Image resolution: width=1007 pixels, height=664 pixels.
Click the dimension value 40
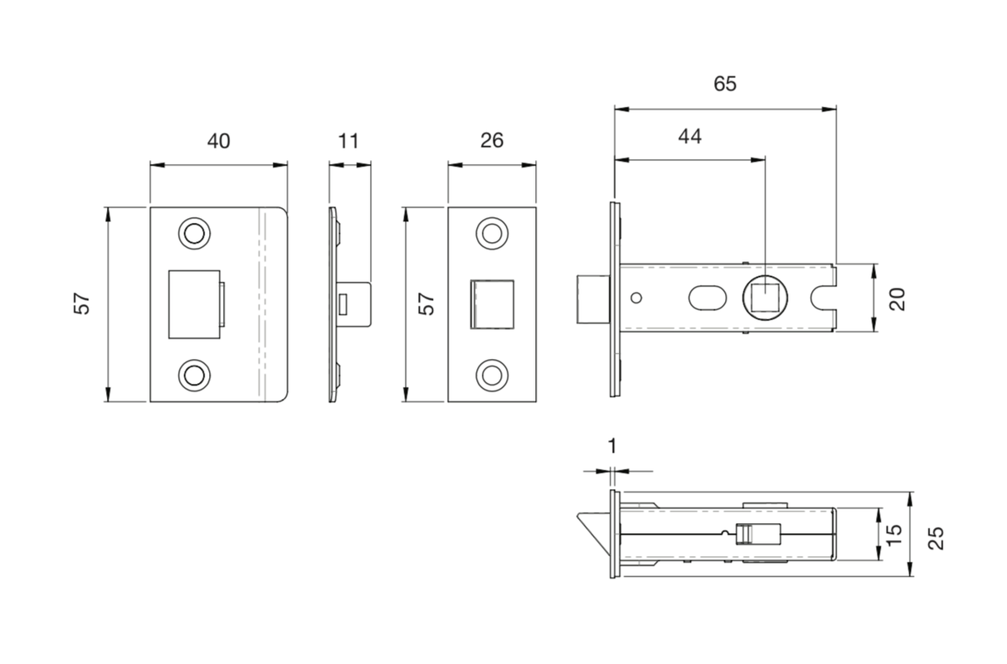[x=218, y=142]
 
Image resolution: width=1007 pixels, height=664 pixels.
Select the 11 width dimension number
[x=349, y=142]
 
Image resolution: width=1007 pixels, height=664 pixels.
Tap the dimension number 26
[x=492, y=142]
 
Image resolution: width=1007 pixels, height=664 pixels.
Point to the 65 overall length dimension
[x=724, y=85]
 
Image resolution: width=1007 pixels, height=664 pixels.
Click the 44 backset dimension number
[x=689, y=137]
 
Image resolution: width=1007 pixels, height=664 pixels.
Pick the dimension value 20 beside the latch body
[x=898, y=298]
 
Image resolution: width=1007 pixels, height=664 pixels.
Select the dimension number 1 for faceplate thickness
[x=612, y=447]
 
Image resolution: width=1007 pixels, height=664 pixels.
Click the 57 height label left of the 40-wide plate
[x=82, y=303]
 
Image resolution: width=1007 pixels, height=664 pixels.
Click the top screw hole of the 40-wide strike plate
[x=194, y=233]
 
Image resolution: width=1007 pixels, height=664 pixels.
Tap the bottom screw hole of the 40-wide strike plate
[x=194, y=375]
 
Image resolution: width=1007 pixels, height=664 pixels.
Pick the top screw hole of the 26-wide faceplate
[x=492, y=233]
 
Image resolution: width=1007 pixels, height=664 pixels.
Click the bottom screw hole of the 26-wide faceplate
[x=492, y=375]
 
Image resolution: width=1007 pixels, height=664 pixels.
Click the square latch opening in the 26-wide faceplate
[x=492, y=303]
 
